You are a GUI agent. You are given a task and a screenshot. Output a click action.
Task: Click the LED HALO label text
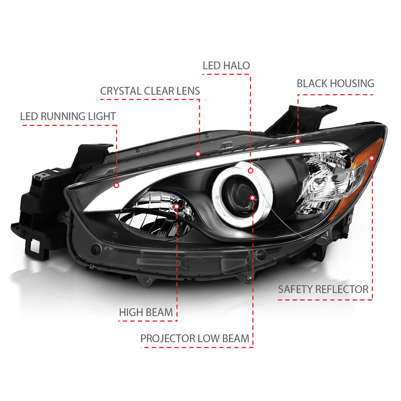(226, 65)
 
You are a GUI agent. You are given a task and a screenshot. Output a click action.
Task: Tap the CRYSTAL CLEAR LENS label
(150, 91)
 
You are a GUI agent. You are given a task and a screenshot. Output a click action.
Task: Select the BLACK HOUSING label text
(335, 84)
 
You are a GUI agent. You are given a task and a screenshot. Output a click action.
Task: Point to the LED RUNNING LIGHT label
(68, 116)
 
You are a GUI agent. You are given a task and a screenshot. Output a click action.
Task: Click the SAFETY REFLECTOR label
(323, 289)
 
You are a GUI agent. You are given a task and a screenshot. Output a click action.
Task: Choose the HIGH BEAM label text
(146, 312)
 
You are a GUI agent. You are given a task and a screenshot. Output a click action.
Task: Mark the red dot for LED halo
(251, 171)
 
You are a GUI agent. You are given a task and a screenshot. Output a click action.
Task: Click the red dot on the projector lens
(252, 198)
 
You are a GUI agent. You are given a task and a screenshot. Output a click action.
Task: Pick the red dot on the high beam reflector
(176, 206)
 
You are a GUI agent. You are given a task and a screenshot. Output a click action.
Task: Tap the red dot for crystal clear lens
(198, 154)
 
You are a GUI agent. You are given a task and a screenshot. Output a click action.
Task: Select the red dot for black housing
(298, 141)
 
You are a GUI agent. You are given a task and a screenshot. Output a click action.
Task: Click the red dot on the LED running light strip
(117, 185)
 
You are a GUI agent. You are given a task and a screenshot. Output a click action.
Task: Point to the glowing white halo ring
(242, 194)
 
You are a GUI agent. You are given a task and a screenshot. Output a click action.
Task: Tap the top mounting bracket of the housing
(302, 120)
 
